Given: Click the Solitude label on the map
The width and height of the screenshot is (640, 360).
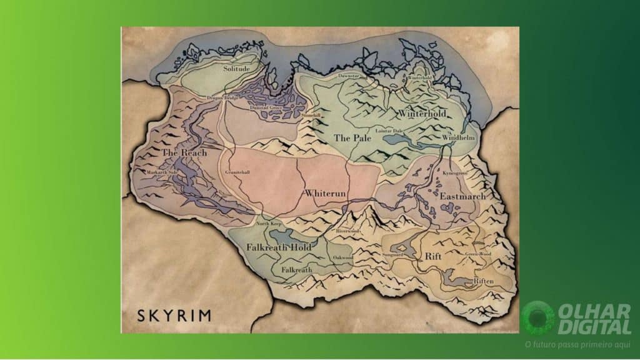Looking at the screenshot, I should (x=236, y=69).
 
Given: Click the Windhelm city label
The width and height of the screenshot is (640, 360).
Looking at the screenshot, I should (x=459, y=137).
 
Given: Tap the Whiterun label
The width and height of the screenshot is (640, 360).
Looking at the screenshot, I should (x=324, y=194).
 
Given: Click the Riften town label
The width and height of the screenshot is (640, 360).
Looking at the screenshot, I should (x=483, y=281).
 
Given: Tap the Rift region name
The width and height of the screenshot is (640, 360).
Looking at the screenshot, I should (x=433, y=256).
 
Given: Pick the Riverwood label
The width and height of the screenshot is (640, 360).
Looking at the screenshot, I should (x=348, y=231).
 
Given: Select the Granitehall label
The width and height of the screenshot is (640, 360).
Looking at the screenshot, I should (x=237, y=172).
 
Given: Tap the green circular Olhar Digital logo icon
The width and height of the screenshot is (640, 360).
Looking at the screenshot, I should (x=537, y=317).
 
